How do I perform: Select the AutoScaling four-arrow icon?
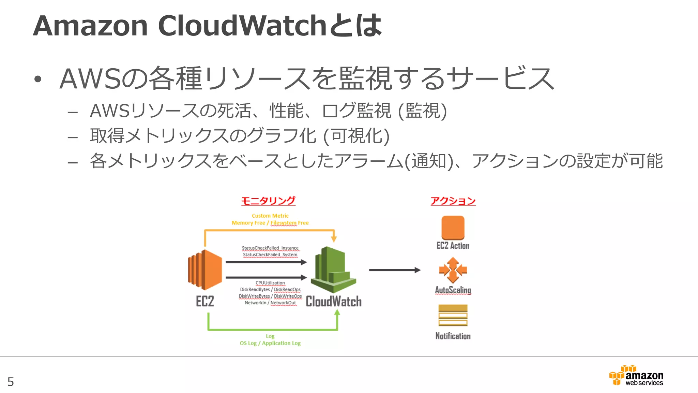tap(453, 270)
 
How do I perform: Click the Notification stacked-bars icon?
tap(453, 316)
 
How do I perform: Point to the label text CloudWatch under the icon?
tap(334, 302)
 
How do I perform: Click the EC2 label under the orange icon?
tap(205, 302)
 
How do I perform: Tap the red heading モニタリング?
tap(268, 201)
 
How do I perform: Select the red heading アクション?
tap(453, 201)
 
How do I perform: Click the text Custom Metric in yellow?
tap(270, 216)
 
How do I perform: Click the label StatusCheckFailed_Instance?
tap(270, 248)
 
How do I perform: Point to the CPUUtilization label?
tap(270, 283)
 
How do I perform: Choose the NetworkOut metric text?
tap(283, 303)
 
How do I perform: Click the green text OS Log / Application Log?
tap(270, 343)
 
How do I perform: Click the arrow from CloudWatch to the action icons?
tap(395, 270)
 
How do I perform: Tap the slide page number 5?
tap(11, 382)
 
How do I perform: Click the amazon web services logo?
tap(636, 376)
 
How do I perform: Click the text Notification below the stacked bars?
tap(453, 336)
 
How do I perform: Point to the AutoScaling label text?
tap(453, 290)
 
